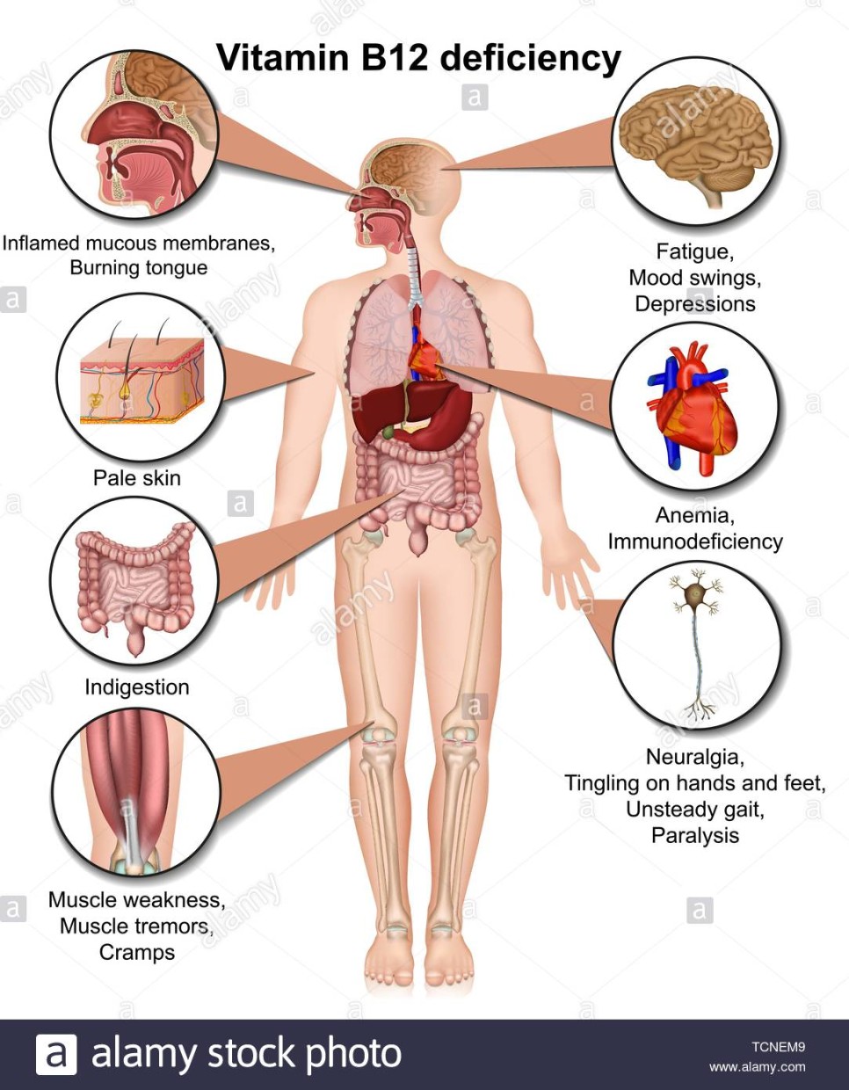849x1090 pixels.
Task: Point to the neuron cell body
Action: click(x=696, y=595)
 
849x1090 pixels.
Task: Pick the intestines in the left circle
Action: click(x=136, y=580)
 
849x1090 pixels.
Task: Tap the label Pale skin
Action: click(x=137, y=478)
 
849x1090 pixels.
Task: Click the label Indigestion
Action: click(x=137, y=687)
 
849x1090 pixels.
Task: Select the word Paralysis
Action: click(x=695, y=835)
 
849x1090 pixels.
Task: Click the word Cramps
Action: click(x=137, y=952)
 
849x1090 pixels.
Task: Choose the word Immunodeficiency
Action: click(x=695, y=541)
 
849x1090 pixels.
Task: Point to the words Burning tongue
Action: click(x=139, y=268)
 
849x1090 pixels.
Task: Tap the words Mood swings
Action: click(x=695, y=278)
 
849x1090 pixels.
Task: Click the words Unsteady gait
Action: click(x=695, y=810)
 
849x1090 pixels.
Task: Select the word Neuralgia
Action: click(x=695, y=757)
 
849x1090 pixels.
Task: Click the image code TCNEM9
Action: click(x=778, y=1047)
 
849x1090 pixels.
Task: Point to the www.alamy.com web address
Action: click(x=758, y=1067)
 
